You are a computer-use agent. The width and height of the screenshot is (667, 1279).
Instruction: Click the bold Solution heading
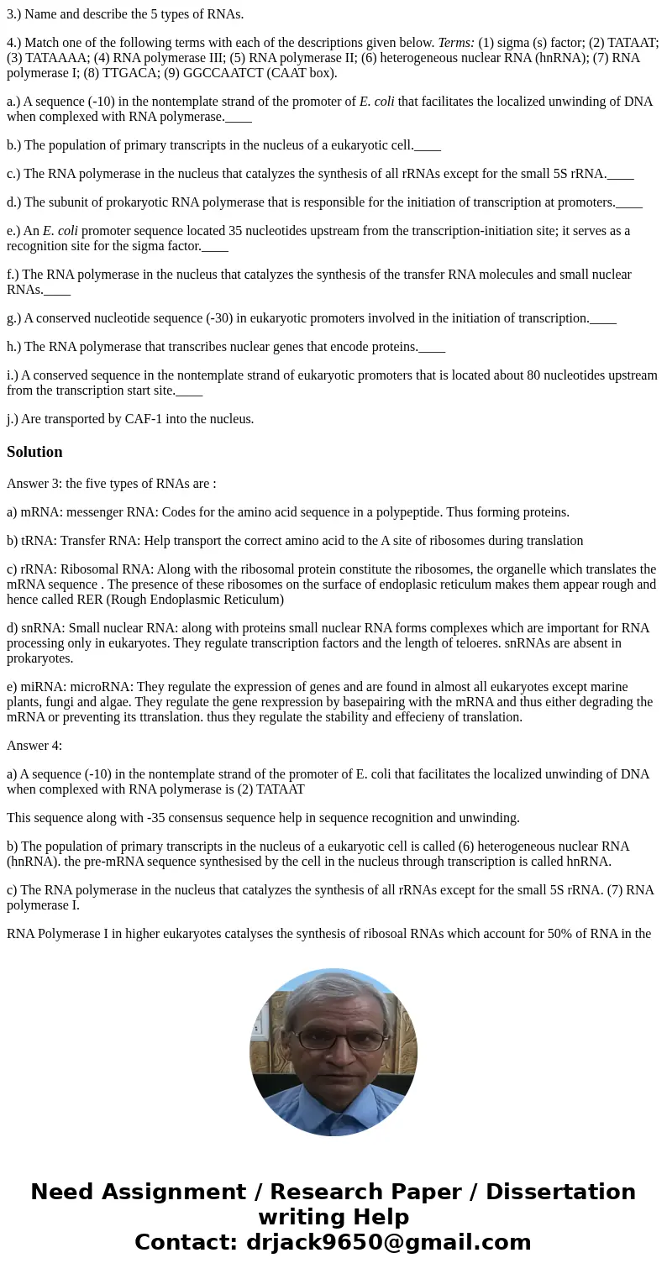(x=34, y=452)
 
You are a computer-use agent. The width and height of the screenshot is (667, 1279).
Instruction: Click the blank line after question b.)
(x=428, y=145)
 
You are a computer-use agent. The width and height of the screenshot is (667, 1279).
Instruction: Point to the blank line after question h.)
(x=432, y=347)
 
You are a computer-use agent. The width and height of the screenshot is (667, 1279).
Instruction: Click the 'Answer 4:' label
(x=34, y=746)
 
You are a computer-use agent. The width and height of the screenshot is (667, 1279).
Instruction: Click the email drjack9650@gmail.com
(x=388, y=1243)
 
